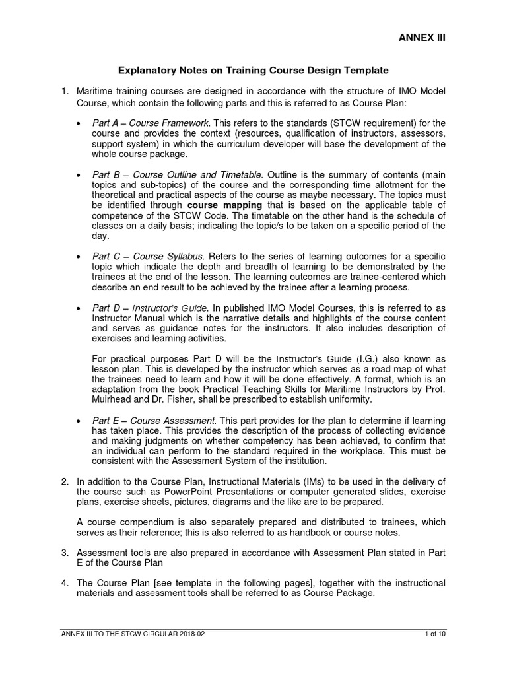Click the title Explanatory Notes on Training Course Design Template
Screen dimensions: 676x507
[x=253, y=69]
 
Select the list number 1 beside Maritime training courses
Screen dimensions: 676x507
[x=64, y=90]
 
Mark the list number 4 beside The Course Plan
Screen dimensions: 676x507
[x=64, y=582]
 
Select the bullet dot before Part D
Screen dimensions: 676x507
[x=79, y=308]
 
